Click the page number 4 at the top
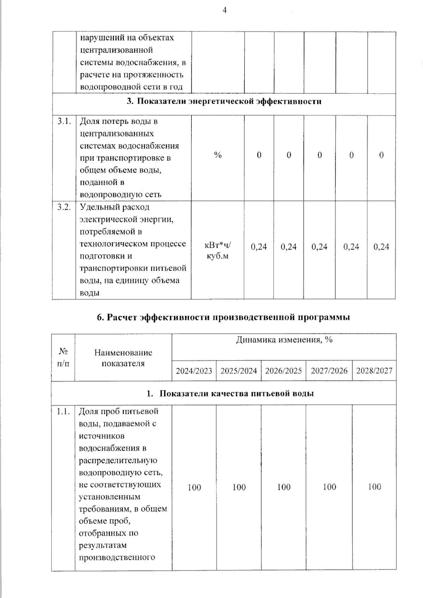224,11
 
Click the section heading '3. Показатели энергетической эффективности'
224,102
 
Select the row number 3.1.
64,122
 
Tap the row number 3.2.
64,207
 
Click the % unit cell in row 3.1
218,155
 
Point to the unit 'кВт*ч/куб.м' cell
218,251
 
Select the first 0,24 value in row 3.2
259,247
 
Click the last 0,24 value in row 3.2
381,247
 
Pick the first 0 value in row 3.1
259,155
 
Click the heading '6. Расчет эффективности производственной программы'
223,318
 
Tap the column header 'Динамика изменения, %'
284,340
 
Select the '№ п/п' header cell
63,357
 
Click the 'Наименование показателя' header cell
123,358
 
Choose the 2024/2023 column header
194,371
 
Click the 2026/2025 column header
283,371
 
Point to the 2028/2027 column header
374,371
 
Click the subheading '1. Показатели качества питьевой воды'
230,394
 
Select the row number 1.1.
63,412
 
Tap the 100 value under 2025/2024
239,487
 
